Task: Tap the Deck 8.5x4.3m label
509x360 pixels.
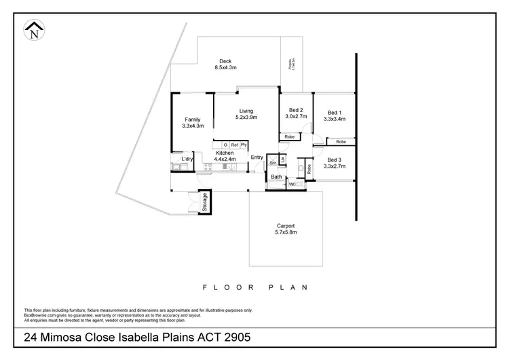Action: coord(225,67)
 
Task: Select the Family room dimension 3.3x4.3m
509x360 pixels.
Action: coord(193,126)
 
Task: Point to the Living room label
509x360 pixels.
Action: coord(246,111)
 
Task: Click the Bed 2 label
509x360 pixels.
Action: coord(296,110)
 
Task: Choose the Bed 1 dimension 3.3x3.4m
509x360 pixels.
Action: coord(335,119)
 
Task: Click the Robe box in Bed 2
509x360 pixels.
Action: coord(290,137)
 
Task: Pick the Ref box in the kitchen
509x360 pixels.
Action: coord(234,145)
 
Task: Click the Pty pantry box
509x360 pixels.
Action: coord(244,145)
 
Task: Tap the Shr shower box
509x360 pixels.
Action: coord(273,162)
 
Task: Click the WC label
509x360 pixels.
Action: coord(293,183)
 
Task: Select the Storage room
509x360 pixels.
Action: coord(203,202)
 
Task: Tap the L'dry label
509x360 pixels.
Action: coord(187,159)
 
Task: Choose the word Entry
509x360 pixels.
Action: coord(257,157)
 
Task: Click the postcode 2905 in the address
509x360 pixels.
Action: coord(239,337)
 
